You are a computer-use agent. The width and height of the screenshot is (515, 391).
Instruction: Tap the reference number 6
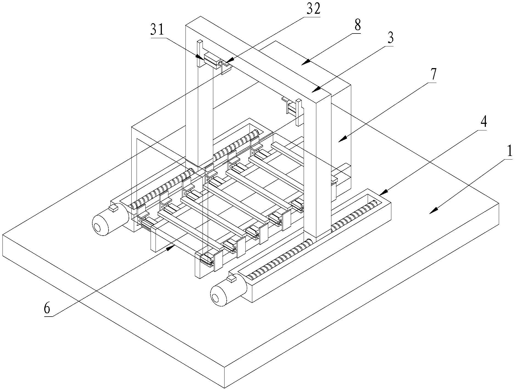[47, 309]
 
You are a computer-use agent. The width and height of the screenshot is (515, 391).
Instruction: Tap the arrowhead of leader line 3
[317, 90]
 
